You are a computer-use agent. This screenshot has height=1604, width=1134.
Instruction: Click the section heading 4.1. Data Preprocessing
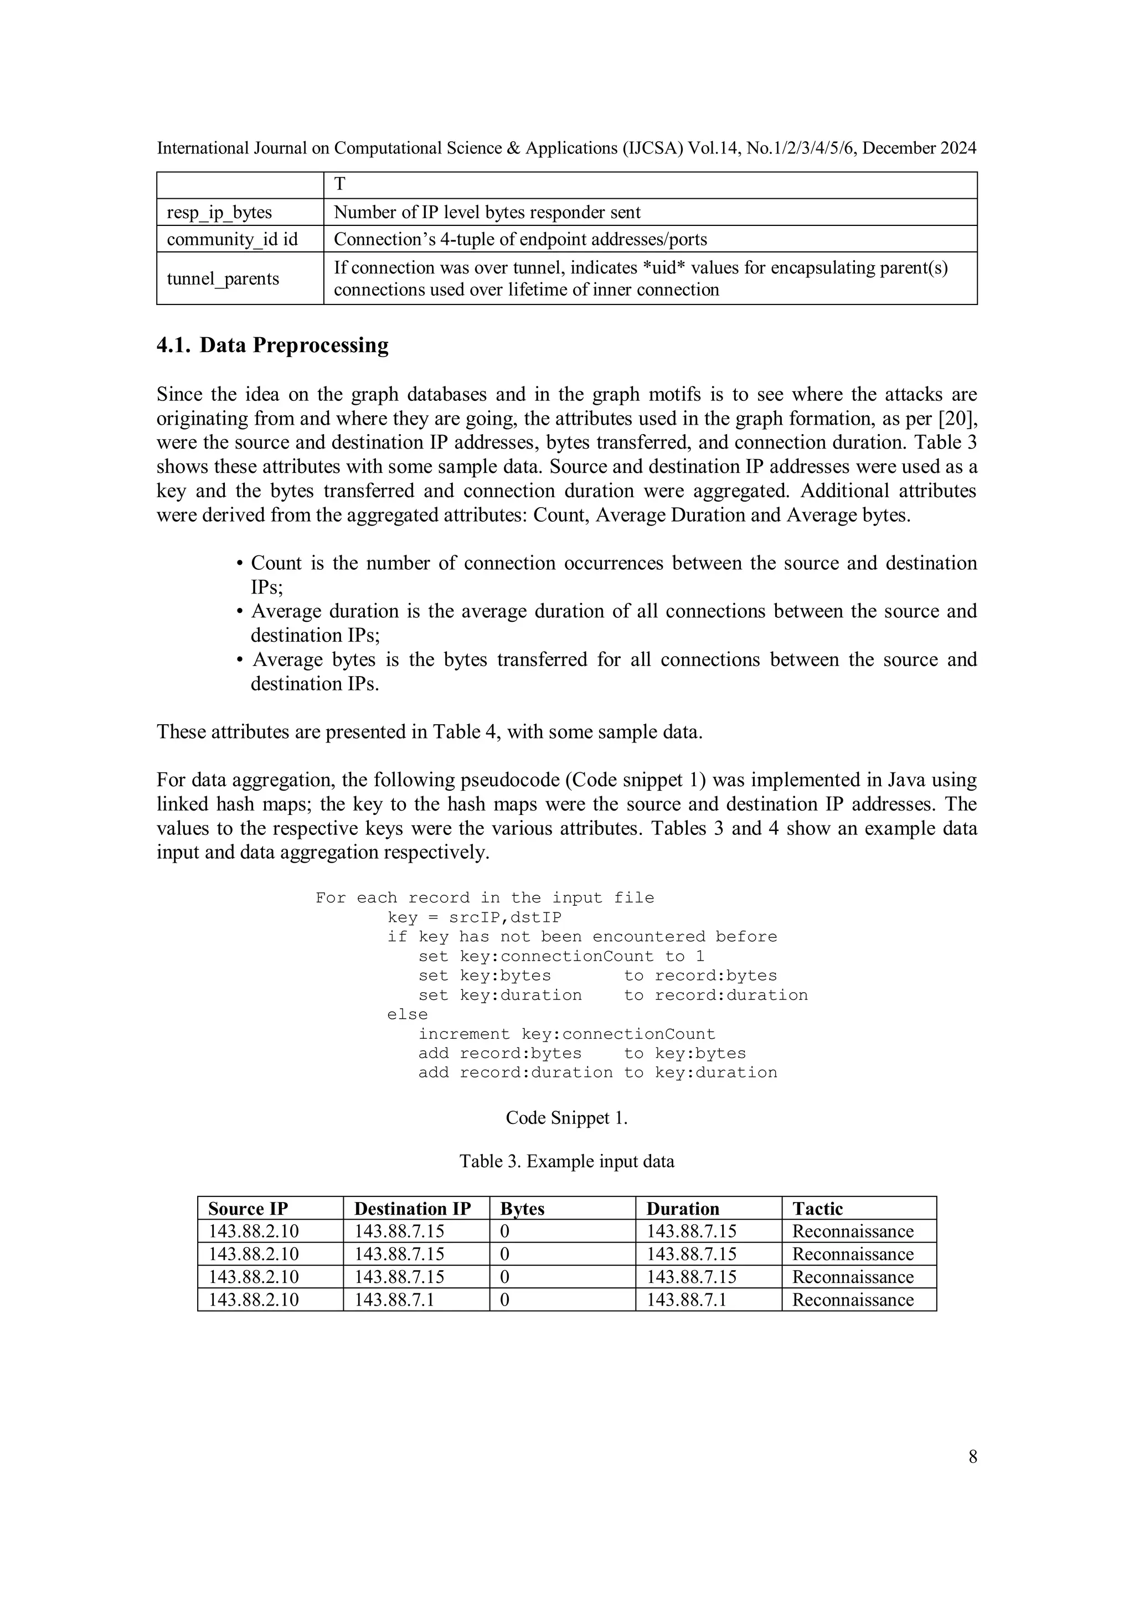coord(272,345)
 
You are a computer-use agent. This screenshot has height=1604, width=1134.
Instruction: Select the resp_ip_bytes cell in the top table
coord(219,213)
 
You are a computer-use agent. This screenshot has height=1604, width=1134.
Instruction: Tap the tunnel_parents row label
coord(222,278)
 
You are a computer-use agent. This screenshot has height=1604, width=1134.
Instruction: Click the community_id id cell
coord(232,240)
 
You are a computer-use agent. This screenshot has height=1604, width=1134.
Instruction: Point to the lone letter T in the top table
coord(339,184)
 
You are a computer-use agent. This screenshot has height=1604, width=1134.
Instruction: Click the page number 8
coord(973,1457)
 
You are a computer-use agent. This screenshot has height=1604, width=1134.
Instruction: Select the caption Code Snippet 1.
coord(566,1118)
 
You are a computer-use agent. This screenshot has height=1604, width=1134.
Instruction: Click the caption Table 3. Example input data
coord(566,1161)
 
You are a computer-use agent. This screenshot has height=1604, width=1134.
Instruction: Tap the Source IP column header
coord(248,1209)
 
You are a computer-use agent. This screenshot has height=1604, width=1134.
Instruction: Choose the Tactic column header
coord(817,1209)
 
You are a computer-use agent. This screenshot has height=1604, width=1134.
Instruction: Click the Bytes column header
coord(522,1209)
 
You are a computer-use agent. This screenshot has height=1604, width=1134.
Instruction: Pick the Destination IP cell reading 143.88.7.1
coord(394,1299)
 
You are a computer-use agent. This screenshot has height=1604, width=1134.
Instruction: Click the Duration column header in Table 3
coord(683,1209)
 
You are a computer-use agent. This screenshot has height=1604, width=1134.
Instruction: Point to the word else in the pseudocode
coord(408,1014)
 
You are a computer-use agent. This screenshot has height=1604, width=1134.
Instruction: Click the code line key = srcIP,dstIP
coord(475,917)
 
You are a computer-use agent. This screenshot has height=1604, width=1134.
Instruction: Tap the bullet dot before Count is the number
coord(239,564)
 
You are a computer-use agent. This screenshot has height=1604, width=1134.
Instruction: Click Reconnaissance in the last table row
coord(852,1299)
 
